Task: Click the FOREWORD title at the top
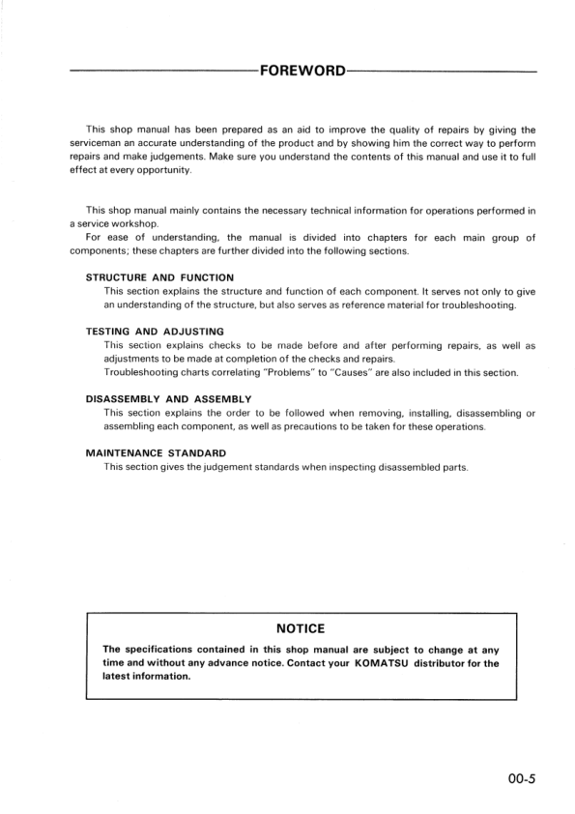coord(301,72)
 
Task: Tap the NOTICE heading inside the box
coord(300,628)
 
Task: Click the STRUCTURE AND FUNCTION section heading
coord(159,277)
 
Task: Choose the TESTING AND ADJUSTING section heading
coord(155,332)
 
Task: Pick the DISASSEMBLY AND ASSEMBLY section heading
coord(168,398)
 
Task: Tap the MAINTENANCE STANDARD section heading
coord(156,452)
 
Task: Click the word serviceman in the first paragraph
coord(101,143)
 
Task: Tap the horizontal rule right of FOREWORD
coord(440,72)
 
